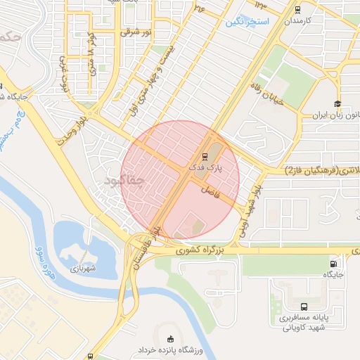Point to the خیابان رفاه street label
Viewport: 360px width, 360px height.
click(267, 92)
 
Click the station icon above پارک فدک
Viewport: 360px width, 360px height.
click(205, 157)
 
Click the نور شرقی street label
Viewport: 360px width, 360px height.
click(136, 32)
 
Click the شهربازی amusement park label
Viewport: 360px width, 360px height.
click(82, 268)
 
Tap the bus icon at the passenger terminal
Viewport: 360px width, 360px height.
click(304, 307)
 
